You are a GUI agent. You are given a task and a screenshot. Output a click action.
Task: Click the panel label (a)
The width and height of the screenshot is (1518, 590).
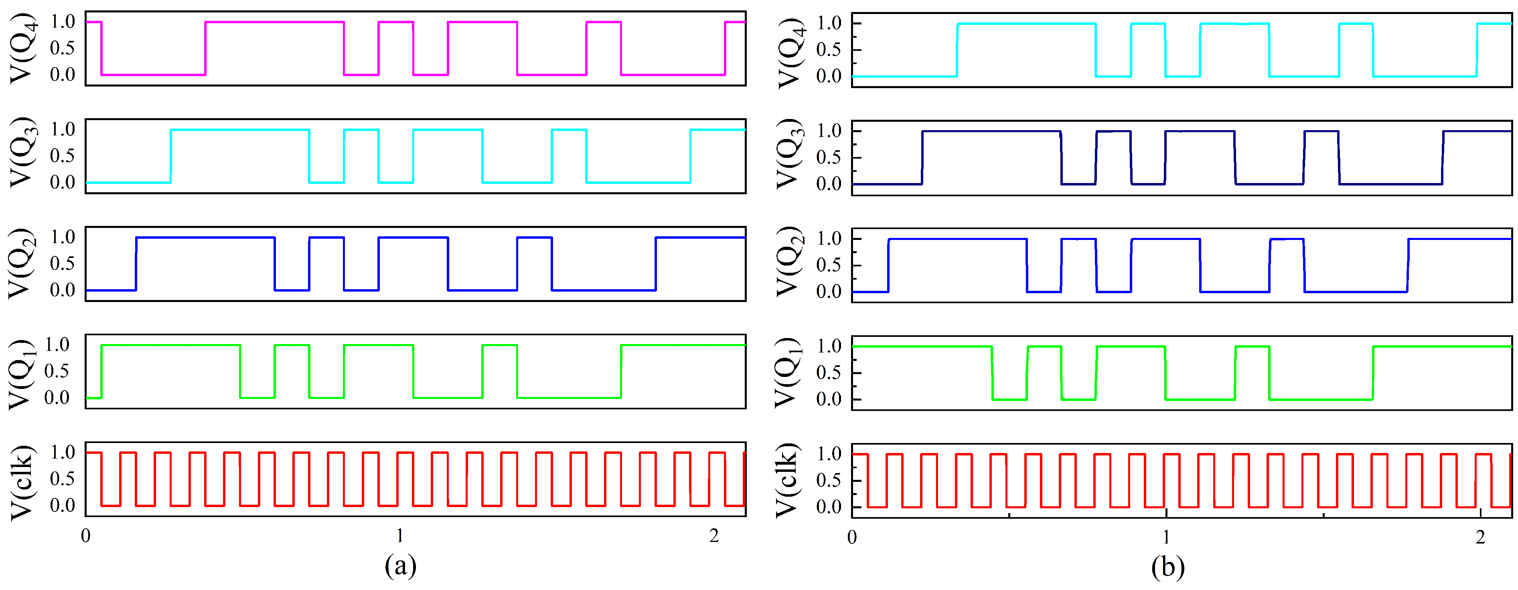click(x=400, y=566)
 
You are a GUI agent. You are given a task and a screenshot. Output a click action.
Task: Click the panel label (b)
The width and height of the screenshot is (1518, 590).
click(x=1167, y=567)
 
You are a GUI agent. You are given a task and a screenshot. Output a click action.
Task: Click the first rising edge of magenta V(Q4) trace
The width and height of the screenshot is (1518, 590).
click(x=205, y=48)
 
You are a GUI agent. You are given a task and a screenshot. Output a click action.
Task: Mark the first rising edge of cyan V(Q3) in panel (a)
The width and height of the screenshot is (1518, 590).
click(x=171, y=156)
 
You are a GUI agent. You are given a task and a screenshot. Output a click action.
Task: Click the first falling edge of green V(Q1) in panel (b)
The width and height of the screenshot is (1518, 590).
click(x=992, y=373)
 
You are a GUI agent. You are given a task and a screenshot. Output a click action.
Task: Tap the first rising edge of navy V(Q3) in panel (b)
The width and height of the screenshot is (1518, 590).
click(x=922, y=158)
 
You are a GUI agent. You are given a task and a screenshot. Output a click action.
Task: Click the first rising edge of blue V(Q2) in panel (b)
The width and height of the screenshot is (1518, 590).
click(x=888, y=266)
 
